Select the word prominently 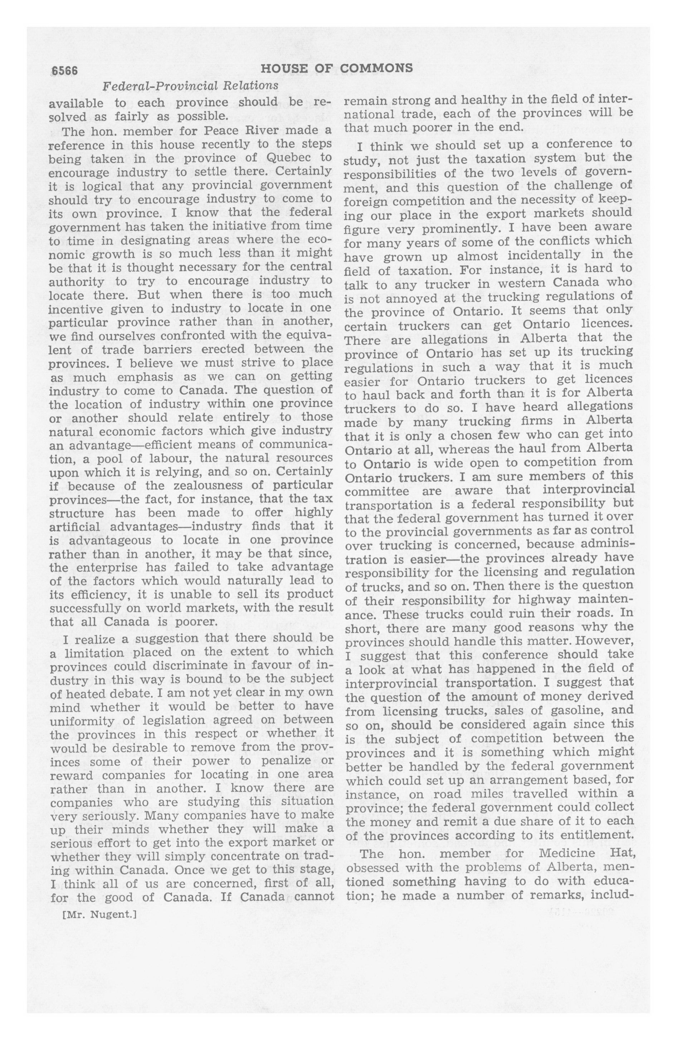[457, 228]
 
